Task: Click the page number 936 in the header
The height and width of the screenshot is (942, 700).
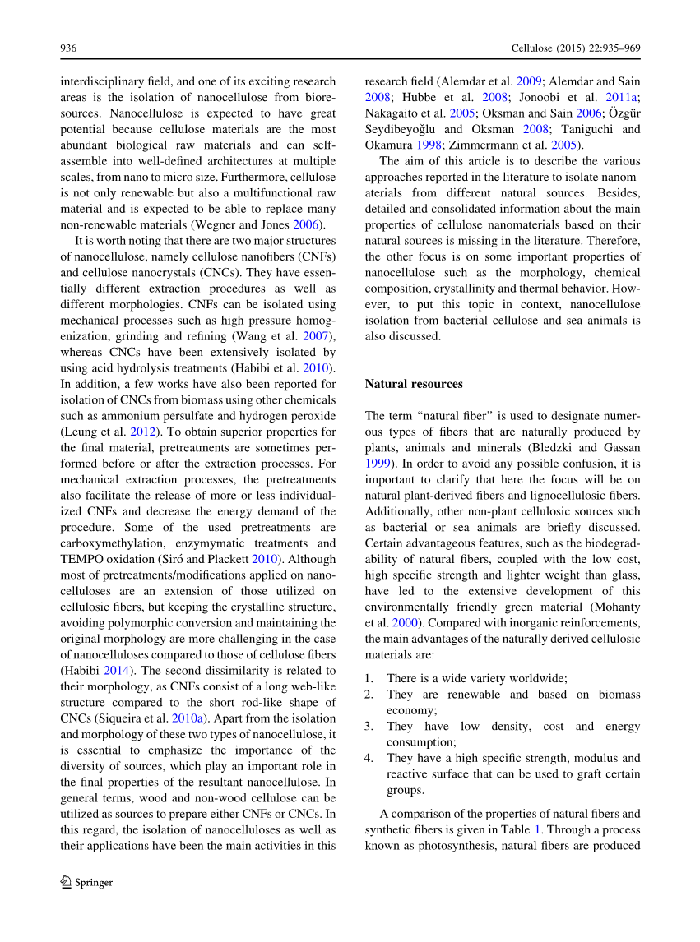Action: coord(68,49)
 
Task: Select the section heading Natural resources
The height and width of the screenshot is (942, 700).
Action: coord(414,384)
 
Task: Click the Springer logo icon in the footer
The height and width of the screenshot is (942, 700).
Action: coord(67,882)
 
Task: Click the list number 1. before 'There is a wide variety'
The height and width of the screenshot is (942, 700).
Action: coord(369,679)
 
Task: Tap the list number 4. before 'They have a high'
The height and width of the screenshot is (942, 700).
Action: coord(369,759)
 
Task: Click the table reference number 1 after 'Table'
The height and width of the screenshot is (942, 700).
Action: coord(538,829)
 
